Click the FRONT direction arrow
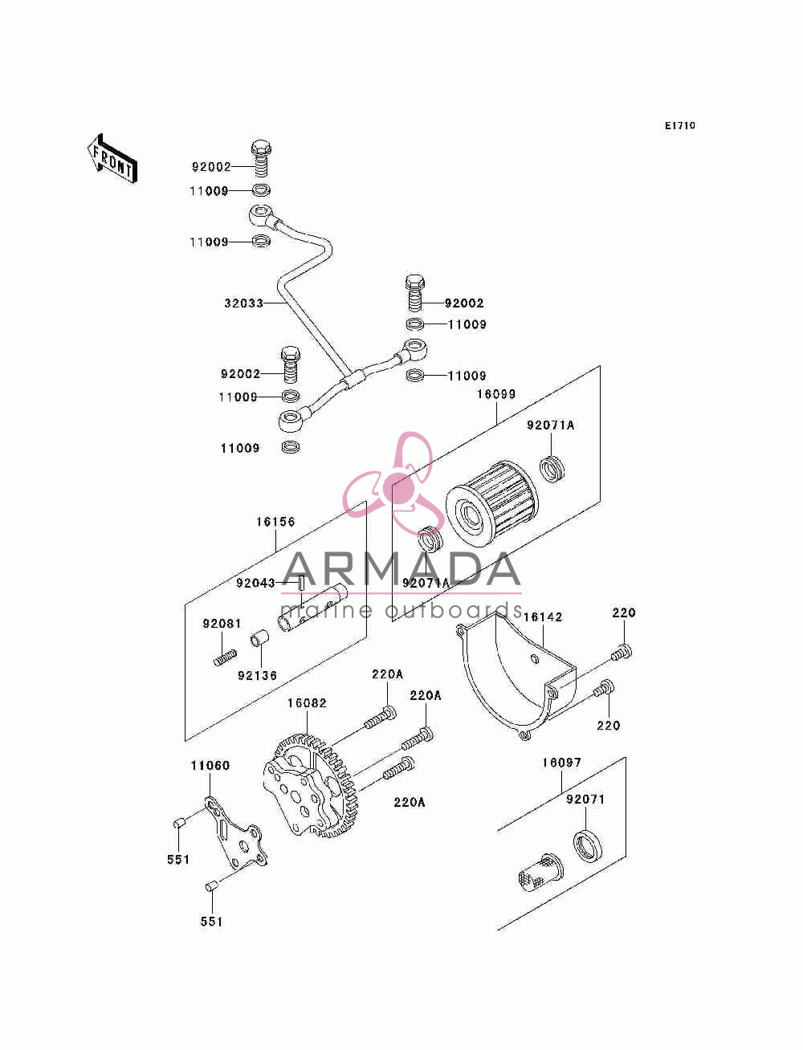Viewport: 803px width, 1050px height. tap(112, 159)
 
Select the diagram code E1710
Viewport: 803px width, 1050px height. tap(679, 126)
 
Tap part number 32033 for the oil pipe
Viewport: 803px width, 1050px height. tap(243, 303)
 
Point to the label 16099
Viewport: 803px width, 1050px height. tap(496, 394)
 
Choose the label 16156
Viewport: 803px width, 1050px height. tap(275, 522)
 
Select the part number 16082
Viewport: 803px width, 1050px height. tap(307, 703)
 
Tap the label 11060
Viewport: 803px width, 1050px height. tap(210, 766)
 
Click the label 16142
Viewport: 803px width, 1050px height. tap(543, 617)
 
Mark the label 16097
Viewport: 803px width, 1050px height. tap(561, 763)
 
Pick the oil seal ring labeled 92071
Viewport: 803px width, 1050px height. tap(588, 847)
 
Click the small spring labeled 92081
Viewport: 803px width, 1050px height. tap(225, 657)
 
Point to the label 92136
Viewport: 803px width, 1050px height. tap(258, 675)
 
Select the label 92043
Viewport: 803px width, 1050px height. tap(255, 583)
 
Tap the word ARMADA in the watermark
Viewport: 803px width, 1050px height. tap(401, 569)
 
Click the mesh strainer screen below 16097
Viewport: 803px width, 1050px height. tap(539, 875)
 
